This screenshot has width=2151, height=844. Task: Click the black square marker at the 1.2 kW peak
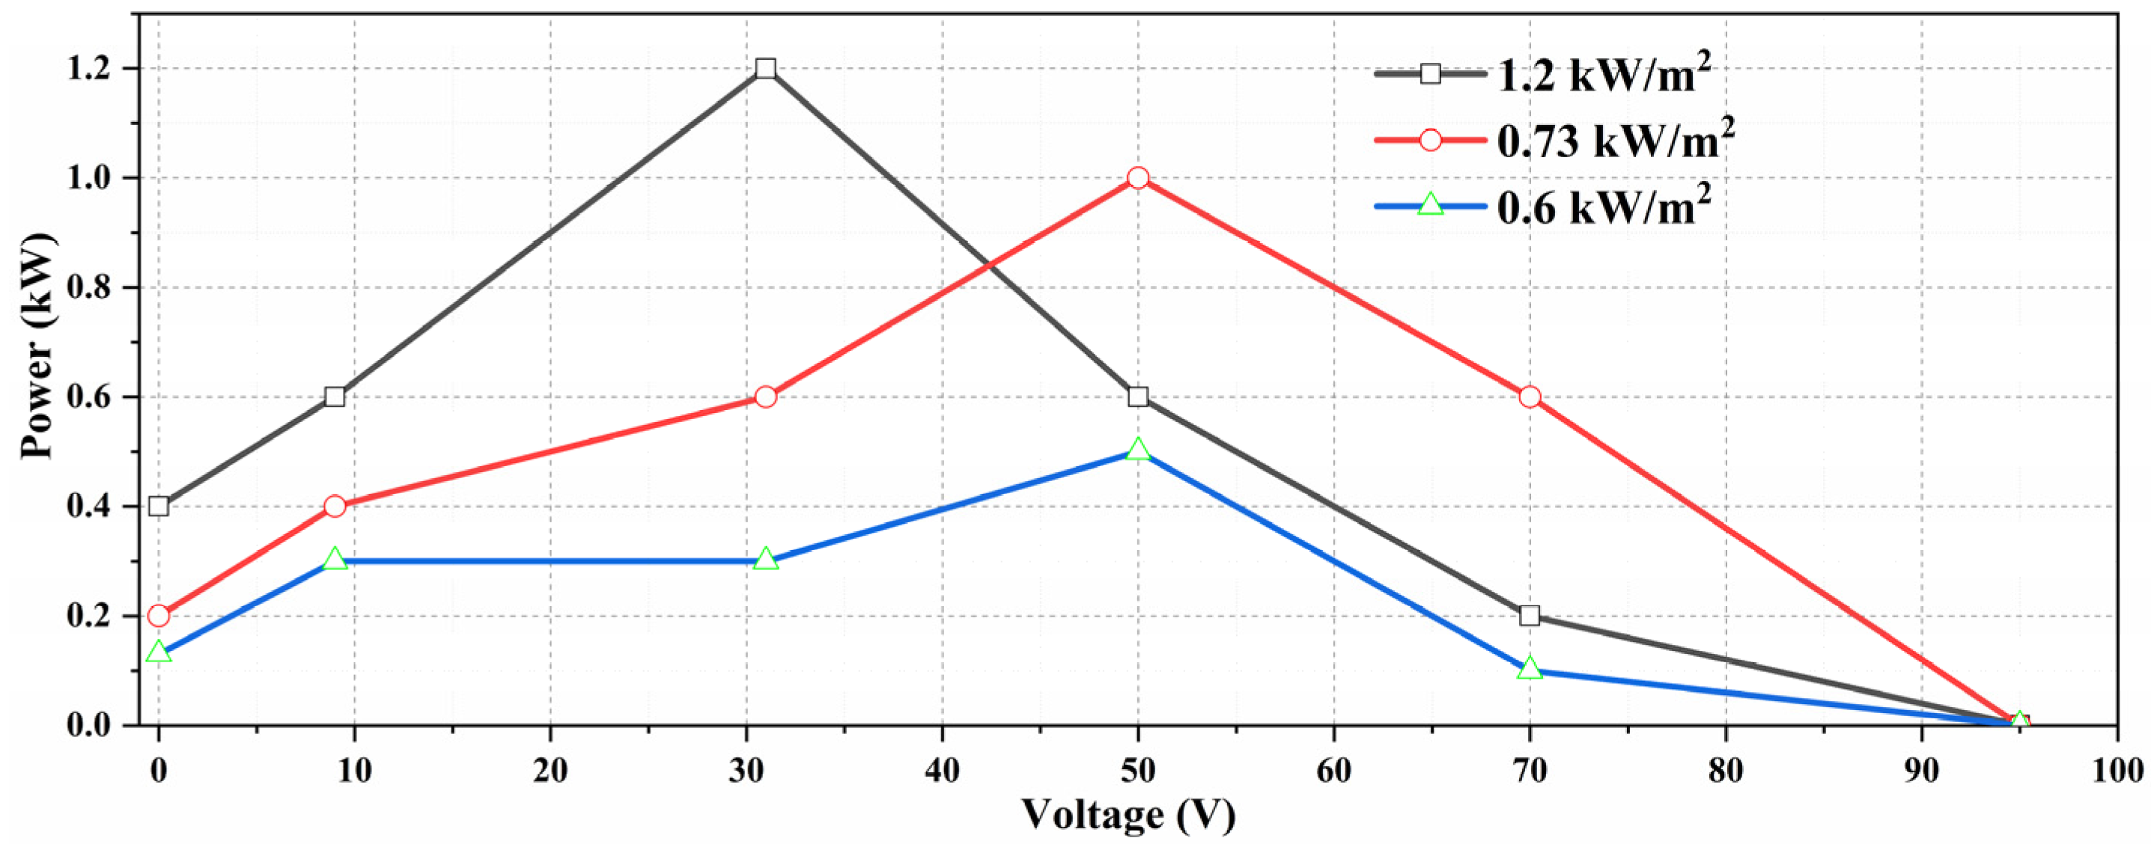765,68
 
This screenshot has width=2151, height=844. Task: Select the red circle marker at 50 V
1137,178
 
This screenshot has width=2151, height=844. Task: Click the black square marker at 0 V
159,506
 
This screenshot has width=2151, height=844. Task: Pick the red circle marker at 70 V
1529,397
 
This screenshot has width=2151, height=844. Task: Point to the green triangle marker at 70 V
1529,669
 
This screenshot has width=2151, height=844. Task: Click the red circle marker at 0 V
159,616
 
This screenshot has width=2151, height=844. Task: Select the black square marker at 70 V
1529,615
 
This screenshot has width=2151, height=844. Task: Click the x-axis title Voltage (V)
1128,814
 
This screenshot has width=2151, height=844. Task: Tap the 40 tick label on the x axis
942,770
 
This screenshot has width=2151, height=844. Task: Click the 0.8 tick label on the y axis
87,288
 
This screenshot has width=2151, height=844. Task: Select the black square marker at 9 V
334,397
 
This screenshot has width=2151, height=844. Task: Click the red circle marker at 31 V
765,397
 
